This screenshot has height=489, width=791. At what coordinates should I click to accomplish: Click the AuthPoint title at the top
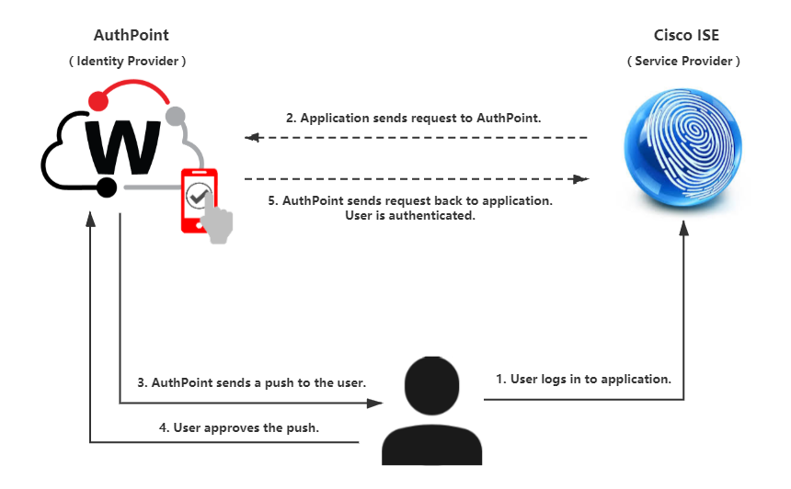(x=132, y=36)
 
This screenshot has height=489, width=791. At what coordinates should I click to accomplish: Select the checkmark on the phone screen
(x=197, y=195)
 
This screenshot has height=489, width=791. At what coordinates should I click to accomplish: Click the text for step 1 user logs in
(x=583, y=379)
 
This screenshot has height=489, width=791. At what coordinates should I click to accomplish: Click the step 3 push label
(x=252, y=381)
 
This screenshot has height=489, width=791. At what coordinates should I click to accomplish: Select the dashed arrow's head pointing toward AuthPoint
(x=251, y=138)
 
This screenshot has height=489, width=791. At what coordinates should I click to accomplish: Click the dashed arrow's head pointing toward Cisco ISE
(x=581, y=179)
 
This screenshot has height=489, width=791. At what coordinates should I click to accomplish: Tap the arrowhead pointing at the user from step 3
(x=375, y=403)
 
